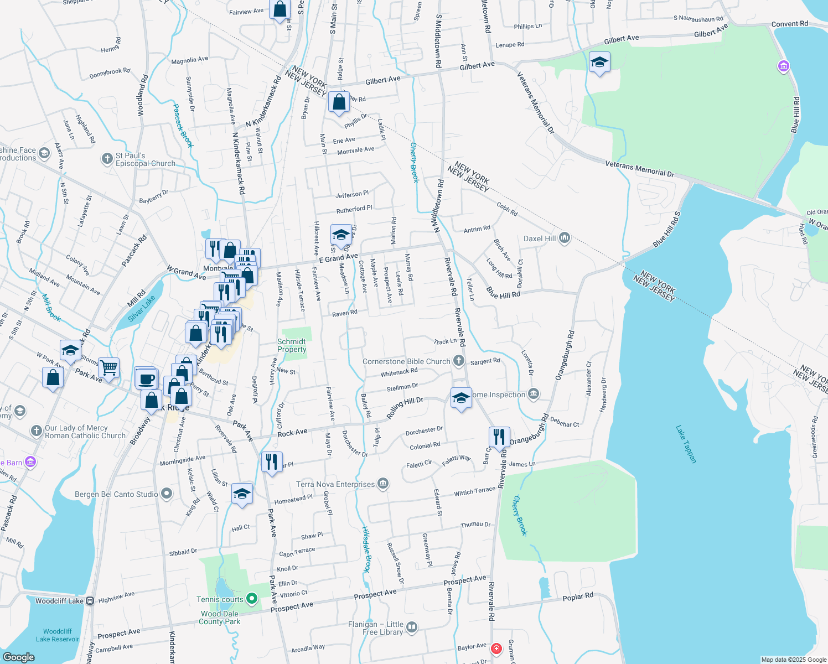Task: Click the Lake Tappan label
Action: [x=686, y=444]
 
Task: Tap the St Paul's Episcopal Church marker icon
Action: [x=107, y=159]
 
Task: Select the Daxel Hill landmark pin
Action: [x=565, y=238]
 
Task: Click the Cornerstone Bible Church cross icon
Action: [x=458, y=361]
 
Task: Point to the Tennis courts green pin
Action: [x=251, y=598]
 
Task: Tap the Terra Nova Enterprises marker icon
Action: [x=382, y=484]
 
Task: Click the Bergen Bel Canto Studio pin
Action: [x=167, y=494]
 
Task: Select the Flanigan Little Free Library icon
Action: [x=411, y=627]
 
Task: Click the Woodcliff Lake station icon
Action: [x=90, y=600]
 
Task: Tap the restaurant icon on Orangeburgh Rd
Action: [x=500, y=437]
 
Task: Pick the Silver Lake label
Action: [x=142, y=308]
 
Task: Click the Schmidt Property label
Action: [x=292, y=345]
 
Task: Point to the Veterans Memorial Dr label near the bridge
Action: [x=639, y=169]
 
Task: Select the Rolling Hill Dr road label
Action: [x=405, y=407]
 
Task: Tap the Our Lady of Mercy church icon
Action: [x=37, y=431]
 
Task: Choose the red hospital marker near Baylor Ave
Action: [x=496, y=649]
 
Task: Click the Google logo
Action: [x=19, y=657]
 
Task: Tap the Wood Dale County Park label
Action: [x=220, y=618]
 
